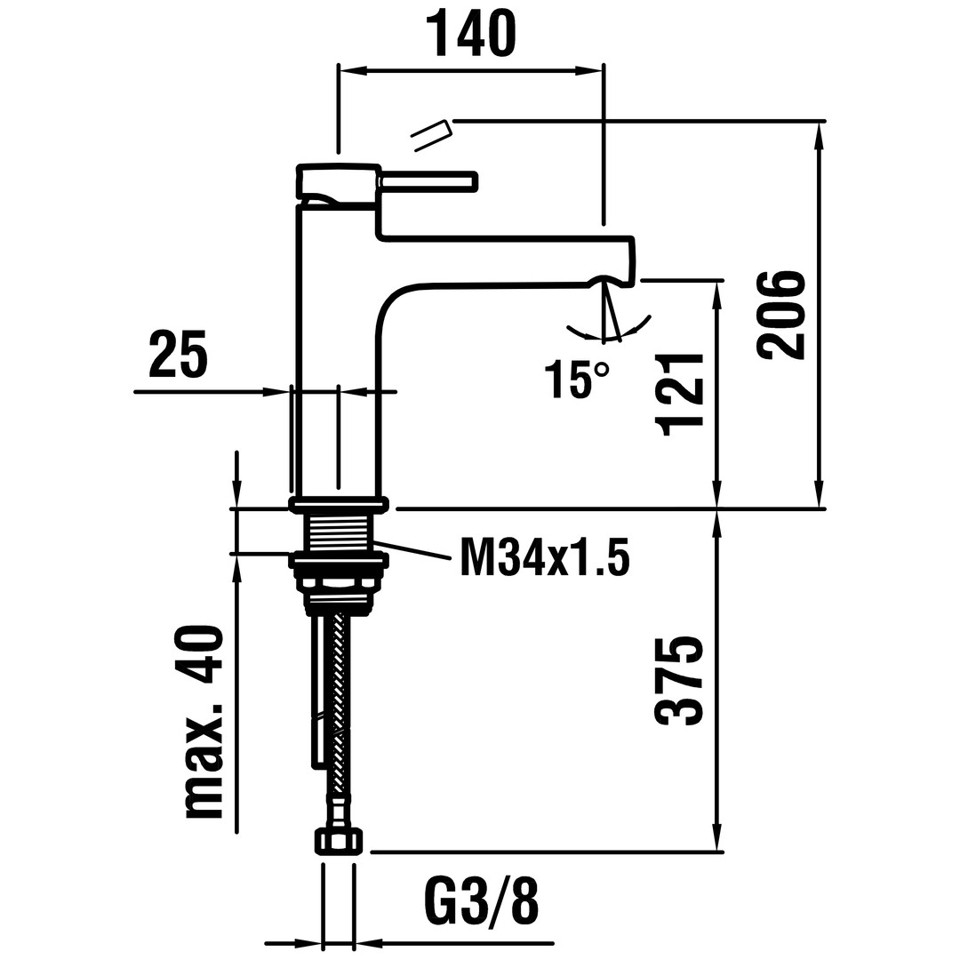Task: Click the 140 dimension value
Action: [x=470, y=33]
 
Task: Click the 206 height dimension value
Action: [x=780, y=314]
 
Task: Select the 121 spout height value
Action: [x=678, y=396]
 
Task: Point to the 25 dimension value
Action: [x=178, y=353]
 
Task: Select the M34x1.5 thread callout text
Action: [x=545, y=556]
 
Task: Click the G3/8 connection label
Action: [x=481, y=900]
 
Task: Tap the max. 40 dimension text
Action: [x=200, y=720]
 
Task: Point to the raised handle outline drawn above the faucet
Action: [x=431, y=135]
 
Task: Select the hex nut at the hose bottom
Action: [x=339, y=840]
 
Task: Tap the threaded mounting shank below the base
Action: [x=337, y=532]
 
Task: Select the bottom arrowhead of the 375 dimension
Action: [x=717, y=839]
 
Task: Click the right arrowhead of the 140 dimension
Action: [x=589, y=70]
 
